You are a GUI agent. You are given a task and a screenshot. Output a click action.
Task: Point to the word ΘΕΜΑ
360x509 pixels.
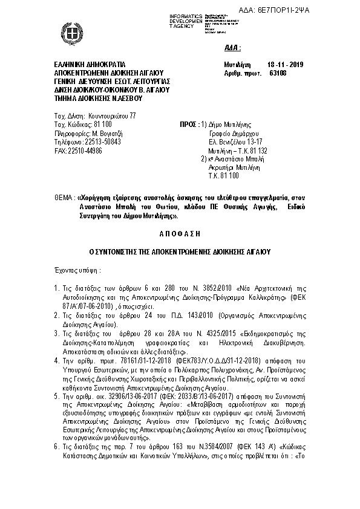pos(59,196)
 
